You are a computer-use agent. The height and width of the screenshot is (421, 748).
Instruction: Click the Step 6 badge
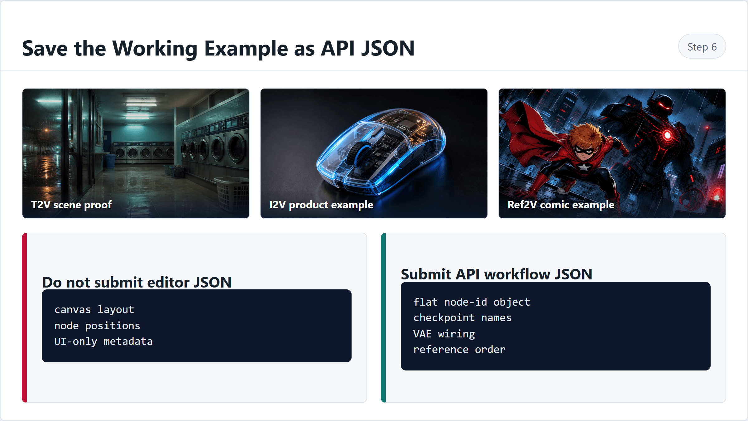(x=702, y=46)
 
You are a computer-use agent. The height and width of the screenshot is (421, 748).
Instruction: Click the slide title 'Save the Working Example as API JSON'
(x=218, y=48)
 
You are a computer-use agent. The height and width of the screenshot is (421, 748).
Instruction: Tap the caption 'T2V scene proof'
(x=71, y=205)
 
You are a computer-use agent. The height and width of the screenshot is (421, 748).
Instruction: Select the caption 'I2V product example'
(x=321, y=205)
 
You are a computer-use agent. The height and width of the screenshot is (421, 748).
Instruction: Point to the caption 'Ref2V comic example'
(x=561, y=205)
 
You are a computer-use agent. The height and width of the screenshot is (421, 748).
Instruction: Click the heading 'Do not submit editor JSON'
(x=137, y=282)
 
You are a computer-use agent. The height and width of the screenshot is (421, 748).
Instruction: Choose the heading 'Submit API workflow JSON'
(x=496, y=274)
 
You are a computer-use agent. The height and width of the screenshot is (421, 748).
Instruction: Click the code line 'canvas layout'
(x=94, y=310)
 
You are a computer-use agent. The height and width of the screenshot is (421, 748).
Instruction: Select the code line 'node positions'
(x=97, y=326)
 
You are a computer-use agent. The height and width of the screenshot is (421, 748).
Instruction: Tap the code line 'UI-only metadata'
(x=103, y=341)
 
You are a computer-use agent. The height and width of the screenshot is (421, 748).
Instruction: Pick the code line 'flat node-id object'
(x=472, y=302)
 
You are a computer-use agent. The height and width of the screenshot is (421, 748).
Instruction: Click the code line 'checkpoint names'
(x=463, y=318)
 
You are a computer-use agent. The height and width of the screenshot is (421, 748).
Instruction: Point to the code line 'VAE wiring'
(x=444, y=334)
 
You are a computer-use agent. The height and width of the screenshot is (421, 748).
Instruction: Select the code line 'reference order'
(x=459, y=350)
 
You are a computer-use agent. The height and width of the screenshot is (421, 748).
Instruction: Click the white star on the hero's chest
(x=583, y=168)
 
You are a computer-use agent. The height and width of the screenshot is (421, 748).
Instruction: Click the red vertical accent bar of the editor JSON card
(x=24, y=318)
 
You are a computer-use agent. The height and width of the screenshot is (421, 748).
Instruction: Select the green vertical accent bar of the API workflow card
(x=383, y=318)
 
